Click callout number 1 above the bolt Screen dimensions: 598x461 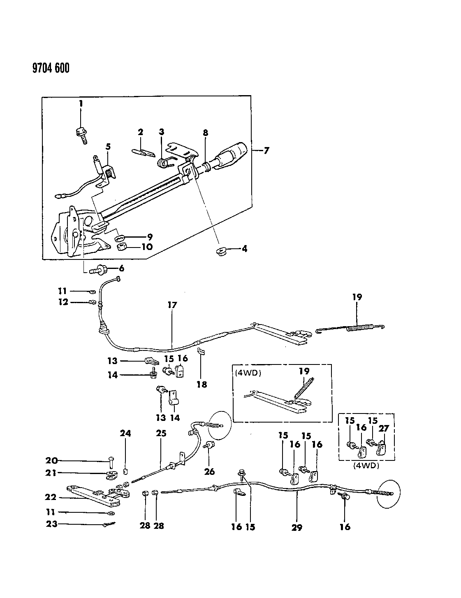point(81,104)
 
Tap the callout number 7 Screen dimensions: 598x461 point(266,151)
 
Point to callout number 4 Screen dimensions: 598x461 point(244,249)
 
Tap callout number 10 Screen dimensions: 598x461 point(146,247)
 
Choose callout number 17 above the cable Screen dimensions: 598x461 point(172,305)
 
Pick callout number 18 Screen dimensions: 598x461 point(202,384)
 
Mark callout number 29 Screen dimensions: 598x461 point(297,527)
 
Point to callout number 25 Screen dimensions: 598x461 point(161,433)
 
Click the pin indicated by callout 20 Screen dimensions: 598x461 point(112,462)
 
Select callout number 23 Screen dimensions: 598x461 point(52,524)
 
